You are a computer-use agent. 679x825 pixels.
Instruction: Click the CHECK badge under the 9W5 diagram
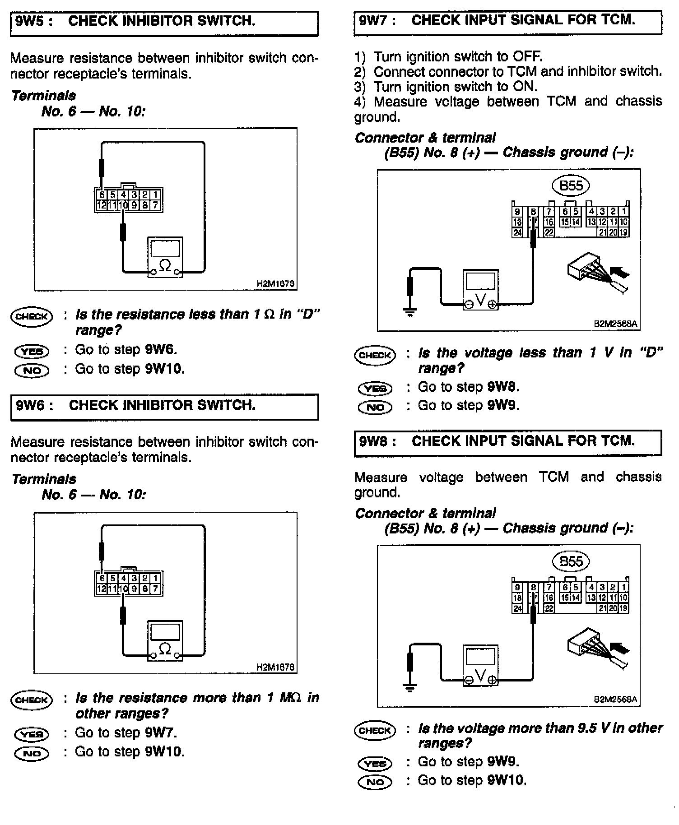pos(31,316)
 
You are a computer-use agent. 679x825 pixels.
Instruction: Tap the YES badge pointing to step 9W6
pos(32,351)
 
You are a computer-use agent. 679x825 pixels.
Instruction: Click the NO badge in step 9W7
pos(375,407)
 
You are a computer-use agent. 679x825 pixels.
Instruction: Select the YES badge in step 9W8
pos(375,763)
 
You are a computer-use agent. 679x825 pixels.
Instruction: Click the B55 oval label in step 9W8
pos(571,561)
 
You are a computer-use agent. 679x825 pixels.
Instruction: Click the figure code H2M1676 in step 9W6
pos(275,667)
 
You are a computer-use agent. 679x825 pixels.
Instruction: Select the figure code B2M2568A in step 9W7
pos(615,324)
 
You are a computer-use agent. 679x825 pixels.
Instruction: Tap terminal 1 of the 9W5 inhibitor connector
pos(155,195)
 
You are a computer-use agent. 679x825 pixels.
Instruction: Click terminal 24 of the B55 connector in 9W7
pos(517,232)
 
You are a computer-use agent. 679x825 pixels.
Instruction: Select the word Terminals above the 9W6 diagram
pos(44,479)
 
